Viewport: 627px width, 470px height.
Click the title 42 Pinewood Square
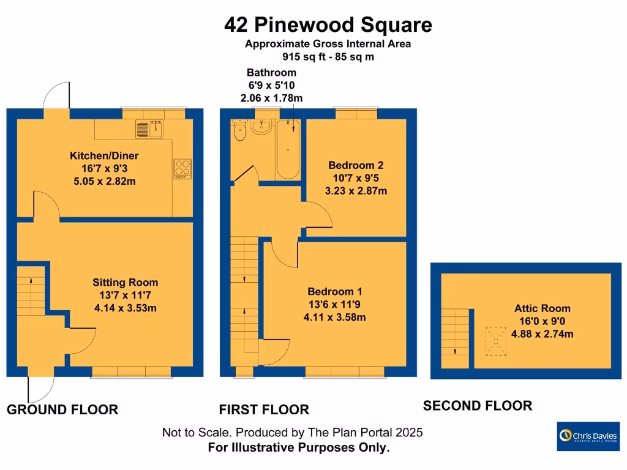tap(328, 25)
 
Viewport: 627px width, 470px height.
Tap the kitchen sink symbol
tap(149, 129)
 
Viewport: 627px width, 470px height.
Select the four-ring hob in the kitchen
tap(182, 167)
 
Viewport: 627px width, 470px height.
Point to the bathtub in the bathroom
tap(287, 149)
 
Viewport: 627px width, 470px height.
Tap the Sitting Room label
tap(125, 283)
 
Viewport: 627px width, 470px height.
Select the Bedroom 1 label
tap(331, 291)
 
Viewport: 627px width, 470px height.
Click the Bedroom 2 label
tap(356, 165)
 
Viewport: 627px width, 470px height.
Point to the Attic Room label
tap(542, 309)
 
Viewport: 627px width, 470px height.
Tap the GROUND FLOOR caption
tap(62, 410)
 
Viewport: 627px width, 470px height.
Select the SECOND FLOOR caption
tap(478, 406)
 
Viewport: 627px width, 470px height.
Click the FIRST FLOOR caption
tap(265, 410)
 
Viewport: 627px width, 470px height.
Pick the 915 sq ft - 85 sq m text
tap(328, 57)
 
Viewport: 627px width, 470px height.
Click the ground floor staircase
tap(31, 289)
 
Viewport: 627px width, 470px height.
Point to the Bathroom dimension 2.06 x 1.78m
tap(271, 98)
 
